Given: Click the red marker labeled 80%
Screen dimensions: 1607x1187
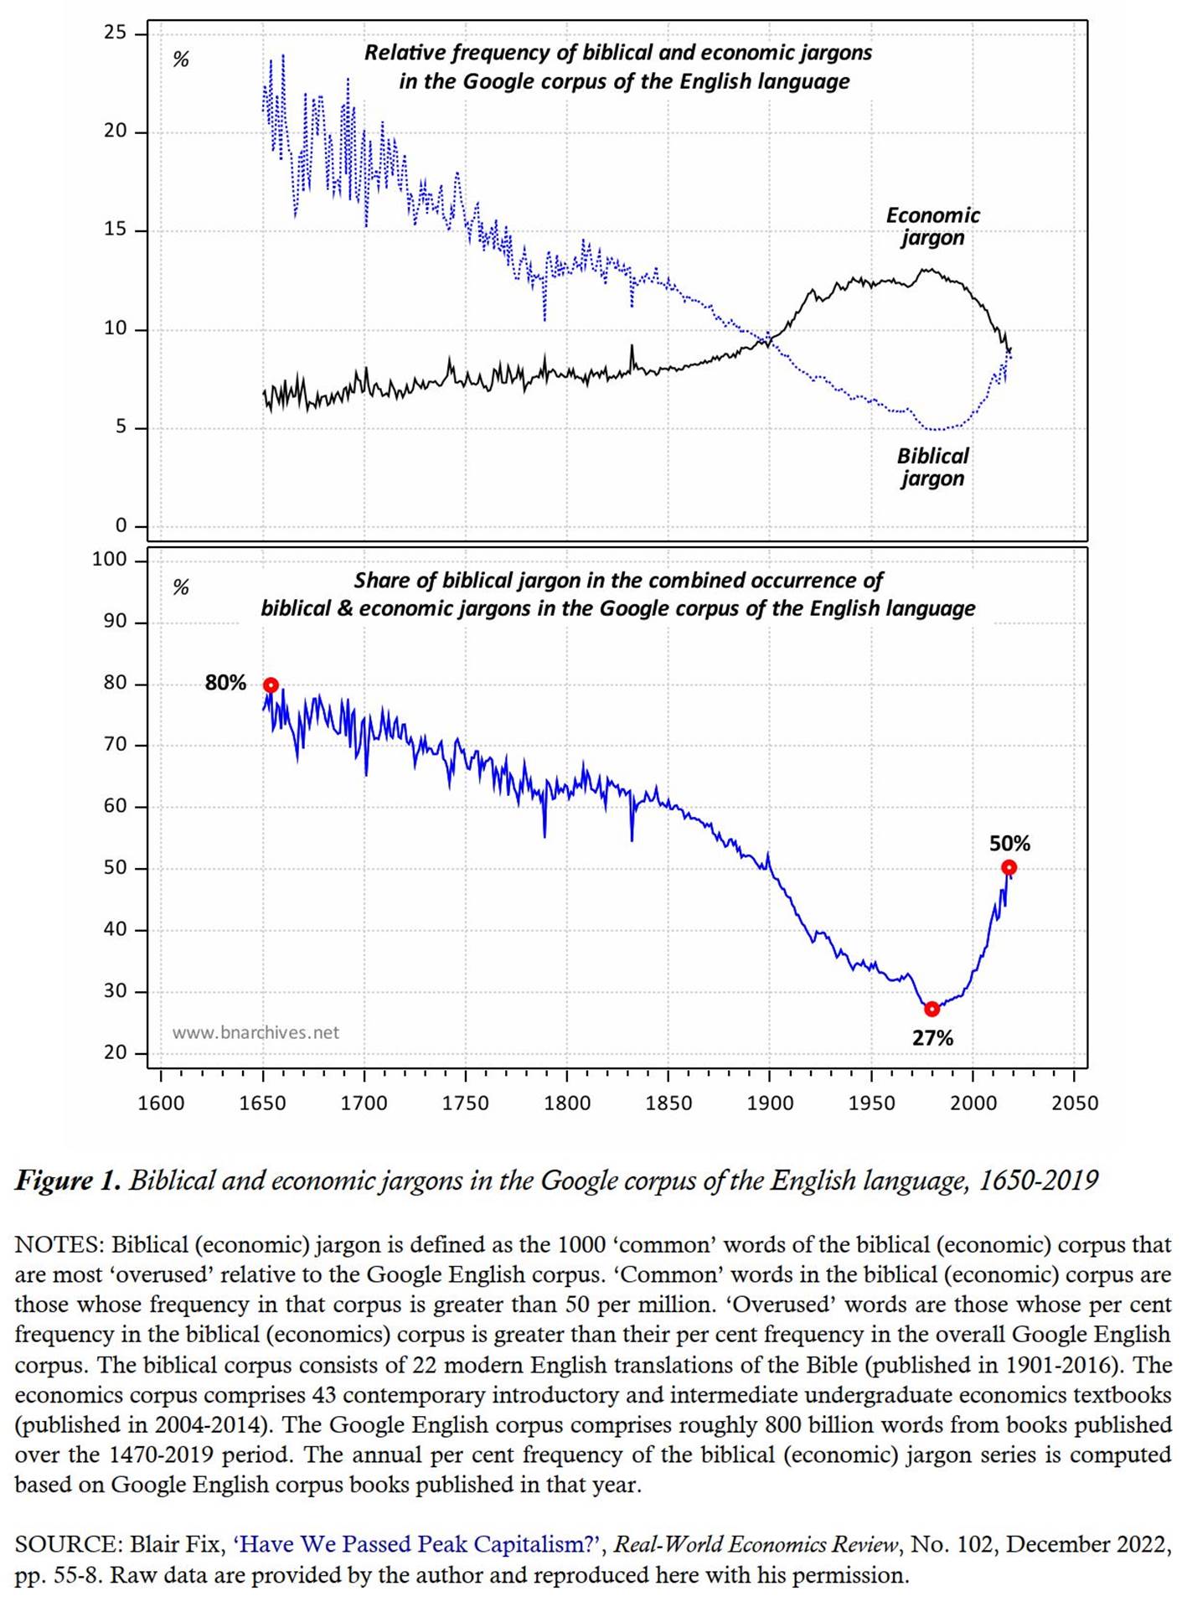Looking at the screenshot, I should pyautogui.click(x=271, y=685).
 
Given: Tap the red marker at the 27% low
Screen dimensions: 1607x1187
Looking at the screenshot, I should pyautogui.click(x=932, y=1009).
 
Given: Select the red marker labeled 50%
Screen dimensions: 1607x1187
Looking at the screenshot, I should pyautogui.click(x=1009, y=867).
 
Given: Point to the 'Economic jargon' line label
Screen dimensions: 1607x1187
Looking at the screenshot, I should pyautogui.click(x=932, y=226).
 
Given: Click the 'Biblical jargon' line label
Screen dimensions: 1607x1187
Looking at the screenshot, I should pyautogui.click(x=932, y=467).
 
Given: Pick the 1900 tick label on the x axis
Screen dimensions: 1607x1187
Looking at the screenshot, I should pyautogui.click(x=770, y=1103).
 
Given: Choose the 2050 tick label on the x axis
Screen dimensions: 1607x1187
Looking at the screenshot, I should pyautogui.click(x=1074, y=1103).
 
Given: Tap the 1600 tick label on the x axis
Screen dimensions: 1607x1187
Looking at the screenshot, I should pyautogui.click(x=161, y=1103).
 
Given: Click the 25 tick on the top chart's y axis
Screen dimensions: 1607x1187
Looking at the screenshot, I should pyautogui.click(x=115, y=33).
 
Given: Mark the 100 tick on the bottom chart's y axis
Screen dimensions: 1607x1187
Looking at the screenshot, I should pyautogui.click(x=109, y=560).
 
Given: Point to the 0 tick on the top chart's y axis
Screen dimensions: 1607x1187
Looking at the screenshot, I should pyautogui.click(x=121, y=526).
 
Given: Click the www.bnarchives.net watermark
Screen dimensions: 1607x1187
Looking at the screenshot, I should pyautogui.click(x=255, y=1032).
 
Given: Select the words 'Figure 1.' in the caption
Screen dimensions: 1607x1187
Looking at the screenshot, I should pyautogui.click(x=68, y=1181).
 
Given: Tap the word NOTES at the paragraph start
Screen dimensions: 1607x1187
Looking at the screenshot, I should pyautogui.click(x=58, y=1245).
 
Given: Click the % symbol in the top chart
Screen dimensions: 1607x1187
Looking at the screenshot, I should pyautogui.click(x=180, y=59).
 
